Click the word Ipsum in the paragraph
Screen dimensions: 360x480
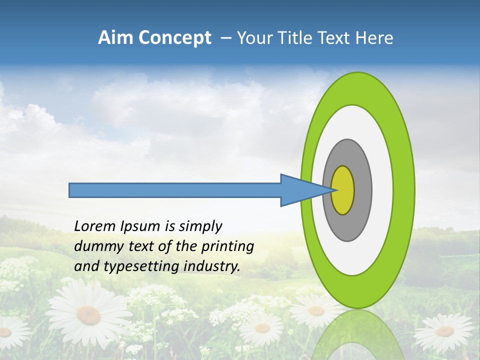(x=140, y=227)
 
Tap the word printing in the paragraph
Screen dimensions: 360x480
(x=227, y=247)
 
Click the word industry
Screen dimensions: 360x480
(x=212, y=266)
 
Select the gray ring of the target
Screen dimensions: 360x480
(x=362, y=190)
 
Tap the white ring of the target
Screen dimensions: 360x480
(x=382, y=190)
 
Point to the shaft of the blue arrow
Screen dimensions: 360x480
(x=175, y=190)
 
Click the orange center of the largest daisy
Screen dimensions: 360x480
(x=88, y=314)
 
